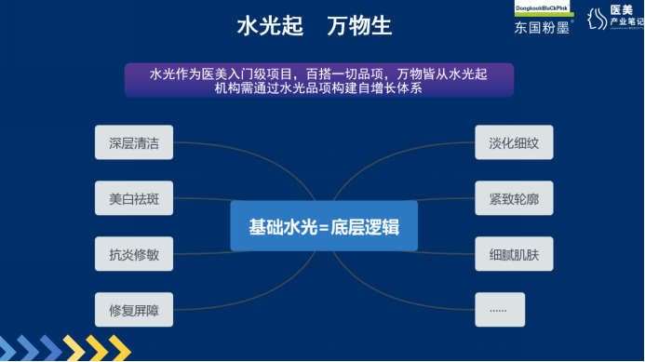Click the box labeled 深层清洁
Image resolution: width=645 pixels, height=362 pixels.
click(134, 143)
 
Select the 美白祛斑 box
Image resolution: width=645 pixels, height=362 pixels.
click(134, 198)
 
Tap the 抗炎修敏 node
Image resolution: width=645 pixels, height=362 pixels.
click(134, 254)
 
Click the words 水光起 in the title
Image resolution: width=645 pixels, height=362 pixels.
click(271, 26)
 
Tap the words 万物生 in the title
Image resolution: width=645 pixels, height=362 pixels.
click(358, 26)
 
